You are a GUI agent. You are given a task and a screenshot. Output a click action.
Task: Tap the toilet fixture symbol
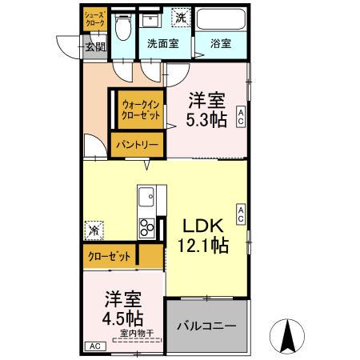[122, 28]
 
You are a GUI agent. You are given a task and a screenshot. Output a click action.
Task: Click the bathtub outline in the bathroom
[222, 21]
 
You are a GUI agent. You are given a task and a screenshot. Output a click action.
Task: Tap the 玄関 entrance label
[95, 47]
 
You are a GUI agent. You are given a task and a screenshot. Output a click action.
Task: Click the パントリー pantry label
[138, 146]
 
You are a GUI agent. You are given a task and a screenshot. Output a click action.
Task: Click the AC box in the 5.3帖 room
[241, 118]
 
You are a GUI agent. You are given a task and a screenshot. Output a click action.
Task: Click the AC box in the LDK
[240, 213]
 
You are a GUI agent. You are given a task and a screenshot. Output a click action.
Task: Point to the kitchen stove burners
[147, 228]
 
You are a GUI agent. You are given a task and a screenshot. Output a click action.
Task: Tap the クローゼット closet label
[109, 256]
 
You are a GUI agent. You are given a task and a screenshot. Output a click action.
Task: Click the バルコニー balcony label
[206, 326]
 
